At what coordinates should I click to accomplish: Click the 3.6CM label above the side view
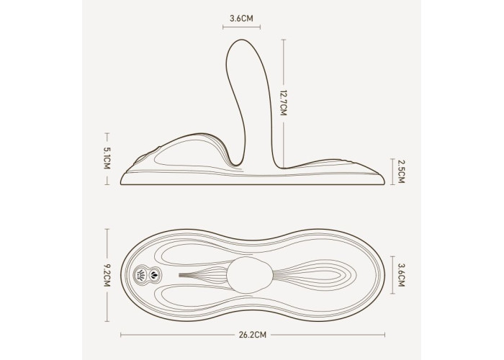click(x=241, y=18)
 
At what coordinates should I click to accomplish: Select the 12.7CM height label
click(x=283, y=103)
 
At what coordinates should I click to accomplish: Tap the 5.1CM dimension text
click(x=107, y=158)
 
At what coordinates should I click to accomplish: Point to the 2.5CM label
click(x=400, y=172)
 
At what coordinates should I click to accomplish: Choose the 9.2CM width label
click(x=107, y=276)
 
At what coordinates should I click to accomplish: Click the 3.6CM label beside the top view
click(x=401, y=275)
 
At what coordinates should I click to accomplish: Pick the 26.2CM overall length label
click(x=253, y=335)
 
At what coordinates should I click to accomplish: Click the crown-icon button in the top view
click(x=141, y=275)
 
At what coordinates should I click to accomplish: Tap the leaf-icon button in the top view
click(x=155, y=275)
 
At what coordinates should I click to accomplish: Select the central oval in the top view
click(x=249, y=275)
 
